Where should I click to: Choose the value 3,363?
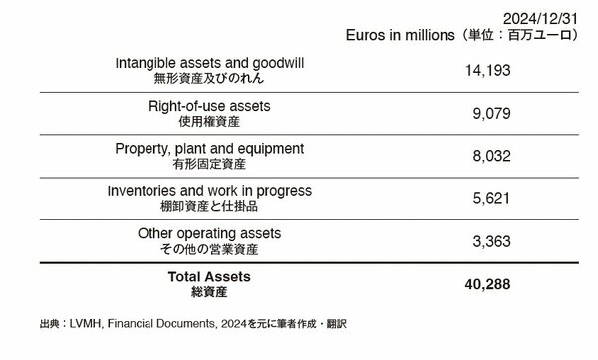(488, 241)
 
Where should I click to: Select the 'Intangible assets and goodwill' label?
(210, 63)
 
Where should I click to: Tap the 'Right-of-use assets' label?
(210, 105)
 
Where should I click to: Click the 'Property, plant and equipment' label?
(210, 148)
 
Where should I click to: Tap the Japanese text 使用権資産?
(210, 122)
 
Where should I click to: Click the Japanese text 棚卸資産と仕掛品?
(210, 206)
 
